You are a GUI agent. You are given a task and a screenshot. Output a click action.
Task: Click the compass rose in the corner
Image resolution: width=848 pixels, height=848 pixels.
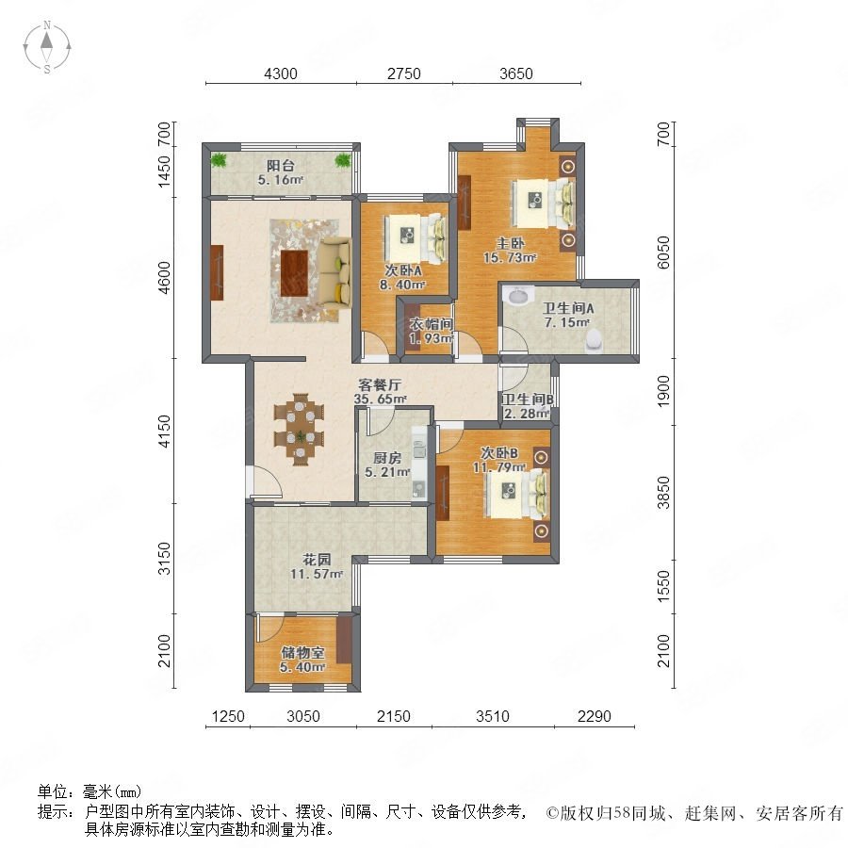tap(47, 46)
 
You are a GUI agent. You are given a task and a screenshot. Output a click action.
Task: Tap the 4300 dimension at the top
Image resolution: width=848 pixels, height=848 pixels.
tap(280, 73)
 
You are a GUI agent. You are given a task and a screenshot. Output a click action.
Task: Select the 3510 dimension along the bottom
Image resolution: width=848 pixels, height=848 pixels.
tap(492, 717)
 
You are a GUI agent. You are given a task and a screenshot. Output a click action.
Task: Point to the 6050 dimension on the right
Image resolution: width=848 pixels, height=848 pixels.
tap(663, 252)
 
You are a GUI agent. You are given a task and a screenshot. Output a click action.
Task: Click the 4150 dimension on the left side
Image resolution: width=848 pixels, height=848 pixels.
tap(164, 431)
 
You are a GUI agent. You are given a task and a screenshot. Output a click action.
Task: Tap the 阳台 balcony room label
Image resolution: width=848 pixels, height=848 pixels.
tap(281, 166)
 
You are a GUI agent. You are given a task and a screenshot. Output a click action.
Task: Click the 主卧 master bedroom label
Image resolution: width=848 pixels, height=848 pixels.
tap(510, 243)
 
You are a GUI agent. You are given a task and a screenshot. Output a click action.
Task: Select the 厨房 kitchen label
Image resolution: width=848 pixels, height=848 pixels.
tap(386, 458)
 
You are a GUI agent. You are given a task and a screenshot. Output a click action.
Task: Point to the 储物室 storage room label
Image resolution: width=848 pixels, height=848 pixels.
tap(302, 653)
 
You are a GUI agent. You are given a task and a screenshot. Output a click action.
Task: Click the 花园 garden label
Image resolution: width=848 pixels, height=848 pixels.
tap(317, 559)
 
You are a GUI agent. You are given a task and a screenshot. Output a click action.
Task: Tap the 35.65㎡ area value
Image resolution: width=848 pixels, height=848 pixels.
tap(381, 400)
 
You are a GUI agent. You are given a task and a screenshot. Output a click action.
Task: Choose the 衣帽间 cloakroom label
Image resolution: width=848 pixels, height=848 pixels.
tap(431, 324)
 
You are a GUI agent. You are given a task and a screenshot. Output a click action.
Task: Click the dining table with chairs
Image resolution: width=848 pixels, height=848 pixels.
tap(299, 429)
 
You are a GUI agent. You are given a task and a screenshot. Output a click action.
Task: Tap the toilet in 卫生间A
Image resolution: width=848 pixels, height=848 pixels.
tap(594, 340)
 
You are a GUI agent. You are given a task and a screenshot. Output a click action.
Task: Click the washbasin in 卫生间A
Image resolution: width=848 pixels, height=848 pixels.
tap(517, 297)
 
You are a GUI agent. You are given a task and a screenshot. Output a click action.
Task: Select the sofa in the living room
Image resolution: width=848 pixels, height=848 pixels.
tap(334, 272)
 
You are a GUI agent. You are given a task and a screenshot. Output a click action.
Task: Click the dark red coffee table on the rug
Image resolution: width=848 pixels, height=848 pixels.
tap(294, 272)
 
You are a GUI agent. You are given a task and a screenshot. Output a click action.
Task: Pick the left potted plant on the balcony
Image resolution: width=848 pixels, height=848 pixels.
tap(219, 159)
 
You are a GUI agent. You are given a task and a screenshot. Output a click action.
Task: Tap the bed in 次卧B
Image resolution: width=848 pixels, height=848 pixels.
tap(518, 493)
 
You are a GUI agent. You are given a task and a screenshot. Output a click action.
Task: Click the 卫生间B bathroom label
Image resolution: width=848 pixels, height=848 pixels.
tap(528, 400)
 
